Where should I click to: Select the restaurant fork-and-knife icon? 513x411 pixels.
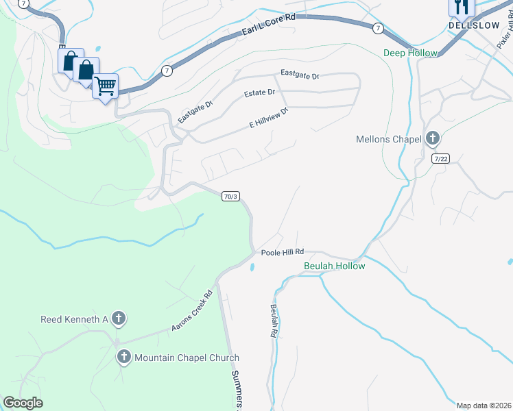(462, 7)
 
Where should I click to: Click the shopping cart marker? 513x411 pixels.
(105, 86)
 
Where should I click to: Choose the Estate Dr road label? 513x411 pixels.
(259, 92)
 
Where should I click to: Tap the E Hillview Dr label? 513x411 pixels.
(268, 118)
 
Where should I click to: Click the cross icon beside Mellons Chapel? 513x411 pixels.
(432, 139)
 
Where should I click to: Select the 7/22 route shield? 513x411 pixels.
(441, 158)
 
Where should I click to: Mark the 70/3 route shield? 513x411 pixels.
(230, 197)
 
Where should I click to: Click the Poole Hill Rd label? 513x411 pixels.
(282, 252)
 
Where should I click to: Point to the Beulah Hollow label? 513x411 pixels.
(335, 266)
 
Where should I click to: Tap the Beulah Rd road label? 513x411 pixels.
(273, 321)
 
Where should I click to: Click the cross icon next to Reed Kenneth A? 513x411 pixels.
(119, 319)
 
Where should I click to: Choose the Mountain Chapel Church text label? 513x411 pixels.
(187, 358)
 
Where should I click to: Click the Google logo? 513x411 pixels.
(23, 403)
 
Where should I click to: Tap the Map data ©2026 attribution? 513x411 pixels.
(484, 406)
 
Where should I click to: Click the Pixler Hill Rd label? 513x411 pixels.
(505, 30)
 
